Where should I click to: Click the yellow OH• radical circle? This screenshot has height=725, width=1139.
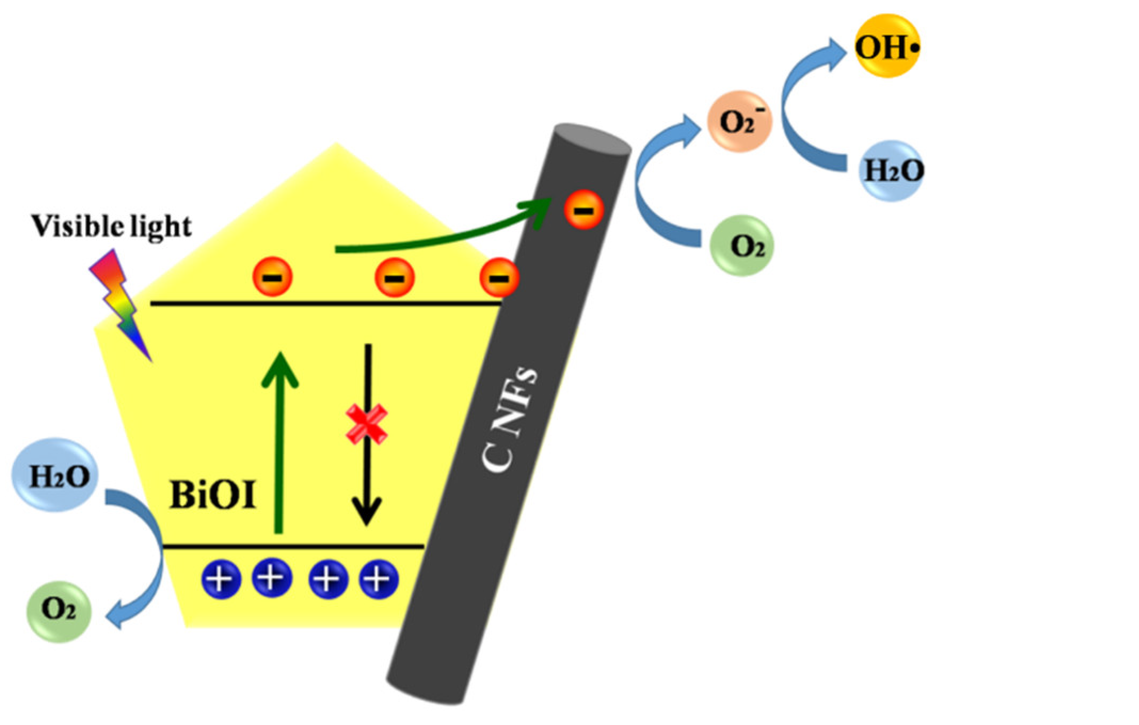pyautogui.click(x=886, y=46)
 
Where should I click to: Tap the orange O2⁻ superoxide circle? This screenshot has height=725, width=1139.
pyautogui.click(x=739, y=122)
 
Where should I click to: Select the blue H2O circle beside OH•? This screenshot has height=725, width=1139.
pyautogui.click(x=892, y=171)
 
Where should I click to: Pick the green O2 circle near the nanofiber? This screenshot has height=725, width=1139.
pyautogui.click(x=741, y=246)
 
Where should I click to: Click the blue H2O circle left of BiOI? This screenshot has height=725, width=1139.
pyautogui.click(x=55, y=475)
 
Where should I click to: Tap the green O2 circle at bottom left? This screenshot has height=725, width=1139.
pyautogui.click(x=59, y=611)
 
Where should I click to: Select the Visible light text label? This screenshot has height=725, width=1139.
pyautogui.click(x=111, y=226)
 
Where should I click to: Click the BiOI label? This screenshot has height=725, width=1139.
pyautogui.click(x=213, y=495)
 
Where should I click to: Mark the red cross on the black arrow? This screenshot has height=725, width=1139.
pyautogui.click(x=366, y=424)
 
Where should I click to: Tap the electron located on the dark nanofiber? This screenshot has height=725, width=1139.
pyautogui.click(x=584, y=210)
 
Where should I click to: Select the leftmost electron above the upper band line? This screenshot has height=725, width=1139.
pyautogui.click(x=272, y=277)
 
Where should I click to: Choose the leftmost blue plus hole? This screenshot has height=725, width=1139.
pyautogui.click(x=221, y=579)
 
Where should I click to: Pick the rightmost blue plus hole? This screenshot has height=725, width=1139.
pyautogui.click(x=379, y=579)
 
